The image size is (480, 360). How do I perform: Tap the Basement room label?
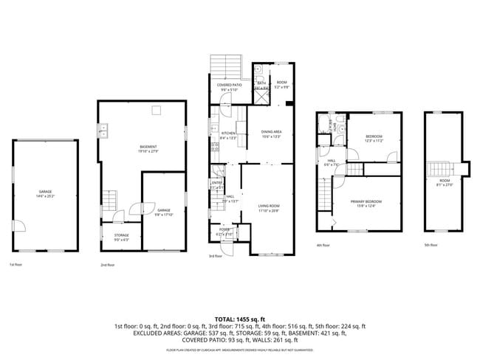[148, 148]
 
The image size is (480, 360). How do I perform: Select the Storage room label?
[121, 237]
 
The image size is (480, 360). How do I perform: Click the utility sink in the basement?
[105, 131]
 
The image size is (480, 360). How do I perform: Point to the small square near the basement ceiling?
[156, 111]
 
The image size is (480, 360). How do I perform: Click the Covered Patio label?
[229, 87]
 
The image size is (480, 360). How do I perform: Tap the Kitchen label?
[228, 135]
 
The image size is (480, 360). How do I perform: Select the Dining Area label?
[272, 134]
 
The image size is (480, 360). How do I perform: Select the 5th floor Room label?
[445, 183]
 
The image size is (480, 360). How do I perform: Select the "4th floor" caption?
[323, 245]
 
